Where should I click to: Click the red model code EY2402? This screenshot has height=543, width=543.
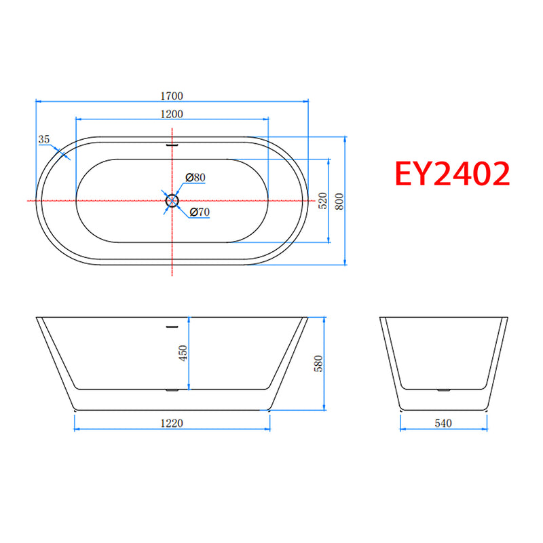(x=453, y=174)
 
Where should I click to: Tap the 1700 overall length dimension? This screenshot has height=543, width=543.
(x=172, y=96)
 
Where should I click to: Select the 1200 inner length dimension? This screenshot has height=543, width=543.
(x=172, y=113)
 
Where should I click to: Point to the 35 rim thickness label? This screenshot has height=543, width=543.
(x=45, y=139)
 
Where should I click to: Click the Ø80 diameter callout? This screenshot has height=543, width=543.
(x=195, y=178)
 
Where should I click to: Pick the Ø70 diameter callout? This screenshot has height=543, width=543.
(x=200, y=212)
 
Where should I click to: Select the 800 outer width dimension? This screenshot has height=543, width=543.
(x=339, y=201)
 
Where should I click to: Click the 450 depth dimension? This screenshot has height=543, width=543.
(x=183, y=354)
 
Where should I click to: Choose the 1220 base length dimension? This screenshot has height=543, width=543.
(x=172, y=423)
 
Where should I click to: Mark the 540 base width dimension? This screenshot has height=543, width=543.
(x=443, y=423)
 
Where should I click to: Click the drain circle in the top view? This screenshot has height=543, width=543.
(x=172, y=201)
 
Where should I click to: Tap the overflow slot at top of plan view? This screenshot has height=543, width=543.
(x=172, y=144)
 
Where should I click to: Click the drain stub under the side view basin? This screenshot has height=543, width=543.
(x=172, y=390)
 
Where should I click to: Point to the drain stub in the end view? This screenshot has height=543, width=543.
(x=443, y=390)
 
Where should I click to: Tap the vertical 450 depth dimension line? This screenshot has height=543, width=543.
(x=189, y=367)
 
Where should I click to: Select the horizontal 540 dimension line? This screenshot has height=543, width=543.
(x=421, y=430)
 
